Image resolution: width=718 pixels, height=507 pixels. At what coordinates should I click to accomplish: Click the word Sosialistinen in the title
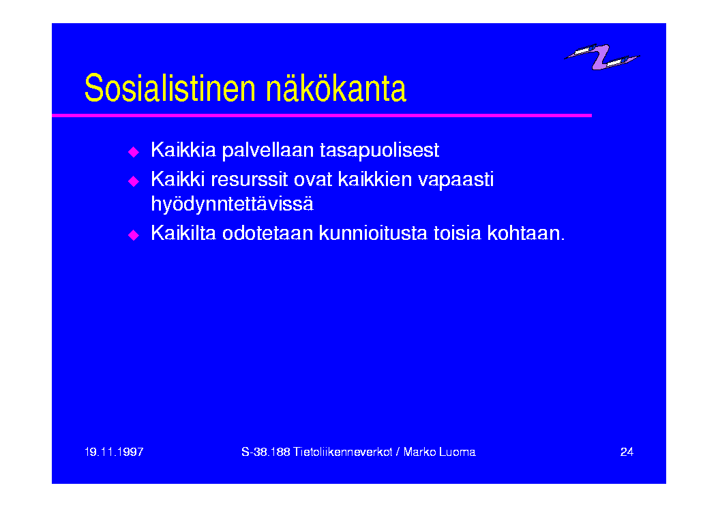click(170, 88)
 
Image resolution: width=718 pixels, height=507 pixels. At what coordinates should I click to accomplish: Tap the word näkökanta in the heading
click(336, 88)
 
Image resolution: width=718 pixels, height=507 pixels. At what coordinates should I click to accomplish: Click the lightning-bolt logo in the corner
click(601, 57)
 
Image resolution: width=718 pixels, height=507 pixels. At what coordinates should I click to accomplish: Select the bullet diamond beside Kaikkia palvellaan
click(133, 152)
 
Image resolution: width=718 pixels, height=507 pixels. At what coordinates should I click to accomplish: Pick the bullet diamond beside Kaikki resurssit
click(133, 181)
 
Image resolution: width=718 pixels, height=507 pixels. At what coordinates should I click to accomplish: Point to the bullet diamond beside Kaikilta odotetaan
click(133, 235)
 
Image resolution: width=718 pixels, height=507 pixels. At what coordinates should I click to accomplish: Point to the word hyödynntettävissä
click(232, 204)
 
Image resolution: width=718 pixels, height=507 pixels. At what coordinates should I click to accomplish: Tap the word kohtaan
click(526, 233)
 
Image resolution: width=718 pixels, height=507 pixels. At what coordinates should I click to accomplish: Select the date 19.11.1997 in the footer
click(114, 452)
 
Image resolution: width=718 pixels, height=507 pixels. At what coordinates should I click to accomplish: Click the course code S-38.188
click(266, 452)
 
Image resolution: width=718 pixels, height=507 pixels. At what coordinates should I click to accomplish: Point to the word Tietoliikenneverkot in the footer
click(342, 452)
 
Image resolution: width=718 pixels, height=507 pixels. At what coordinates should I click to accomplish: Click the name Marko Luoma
click(439, 452)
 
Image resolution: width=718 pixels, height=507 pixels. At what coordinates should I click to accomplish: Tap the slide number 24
click(627, 452)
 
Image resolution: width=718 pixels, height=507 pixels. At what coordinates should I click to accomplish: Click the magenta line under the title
click(321, 115)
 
